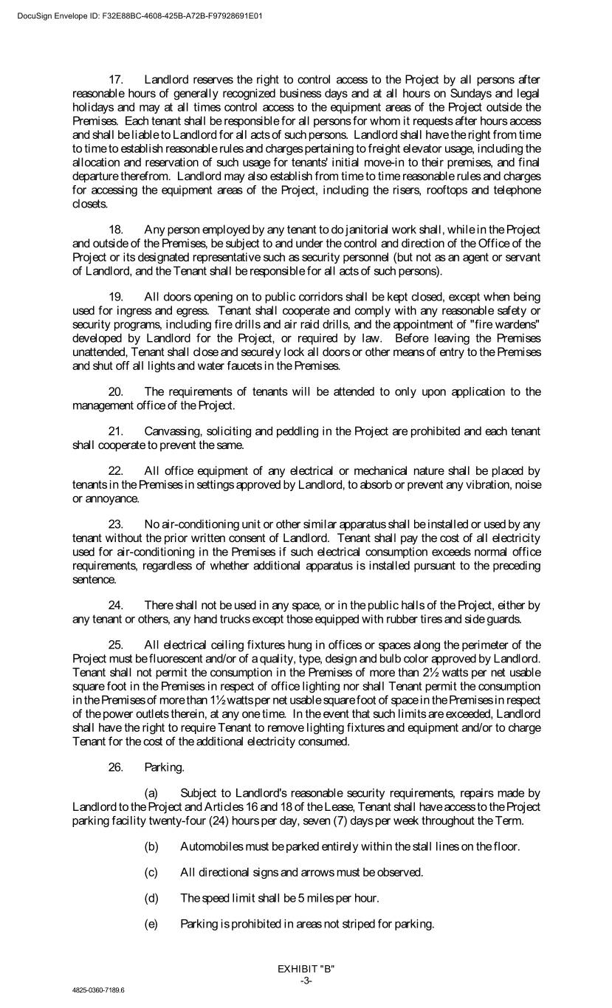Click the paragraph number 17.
(x=115, y=79)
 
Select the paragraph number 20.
(x=115, y=391)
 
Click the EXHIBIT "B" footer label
(x=306, y=968)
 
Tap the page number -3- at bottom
(x=306, y=979)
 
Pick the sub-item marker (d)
(x=151, y=898)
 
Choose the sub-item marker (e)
(x=151, y=924)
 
